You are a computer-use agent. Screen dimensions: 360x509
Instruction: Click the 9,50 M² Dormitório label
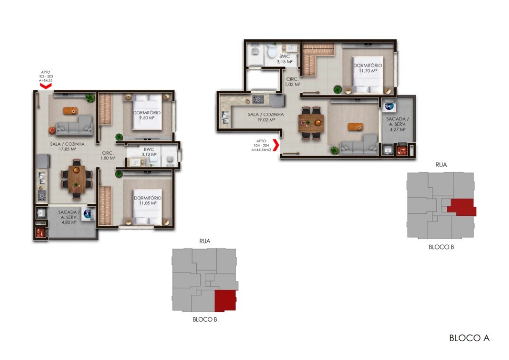147,115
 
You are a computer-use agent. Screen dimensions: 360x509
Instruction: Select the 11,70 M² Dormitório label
368,68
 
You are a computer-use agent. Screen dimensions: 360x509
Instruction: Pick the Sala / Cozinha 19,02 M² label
266,117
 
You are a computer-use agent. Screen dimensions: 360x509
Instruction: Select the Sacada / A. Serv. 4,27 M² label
398,124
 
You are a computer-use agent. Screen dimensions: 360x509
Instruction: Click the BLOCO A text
469,338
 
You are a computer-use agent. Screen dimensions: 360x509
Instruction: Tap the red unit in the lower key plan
225,300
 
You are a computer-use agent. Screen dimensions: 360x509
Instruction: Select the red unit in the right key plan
462,206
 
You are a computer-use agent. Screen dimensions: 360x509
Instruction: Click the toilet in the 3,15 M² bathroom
272,52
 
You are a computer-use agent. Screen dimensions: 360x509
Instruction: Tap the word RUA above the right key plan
441,165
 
